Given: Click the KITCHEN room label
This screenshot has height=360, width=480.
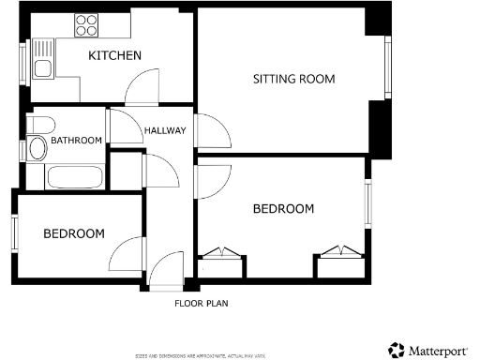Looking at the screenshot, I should (x=114, y=56).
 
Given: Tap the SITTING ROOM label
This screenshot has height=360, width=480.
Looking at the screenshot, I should (x=293, y=79).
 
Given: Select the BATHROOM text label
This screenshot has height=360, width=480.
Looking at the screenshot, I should (x=76, y=141).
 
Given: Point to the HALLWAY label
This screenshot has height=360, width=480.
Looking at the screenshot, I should (x=165, y=130).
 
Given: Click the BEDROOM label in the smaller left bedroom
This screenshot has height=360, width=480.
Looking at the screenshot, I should (x=74, y=233).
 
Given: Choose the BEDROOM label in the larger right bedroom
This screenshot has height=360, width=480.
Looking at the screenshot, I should (x=283, y=208).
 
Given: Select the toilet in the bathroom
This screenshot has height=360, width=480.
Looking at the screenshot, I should (x=37, y=148).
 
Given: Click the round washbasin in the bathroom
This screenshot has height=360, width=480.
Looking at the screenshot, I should (x=38, y=125).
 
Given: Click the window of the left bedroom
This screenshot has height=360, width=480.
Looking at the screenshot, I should (x=15, y=232).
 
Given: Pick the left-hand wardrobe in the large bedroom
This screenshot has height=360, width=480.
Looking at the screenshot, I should (x=221, y=266).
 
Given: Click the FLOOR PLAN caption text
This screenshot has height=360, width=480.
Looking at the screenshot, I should (x=201, y=303).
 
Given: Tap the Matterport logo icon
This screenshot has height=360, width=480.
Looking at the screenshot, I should (x=397, y=350).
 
